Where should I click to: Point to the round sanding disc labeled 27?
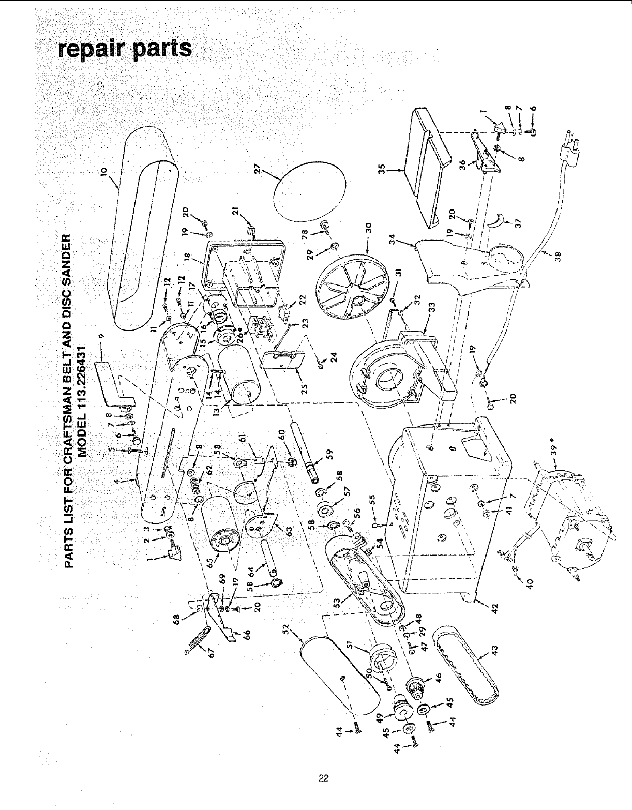coord(311,190)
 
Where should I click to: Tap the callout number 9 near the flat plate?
coord(102,336)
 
